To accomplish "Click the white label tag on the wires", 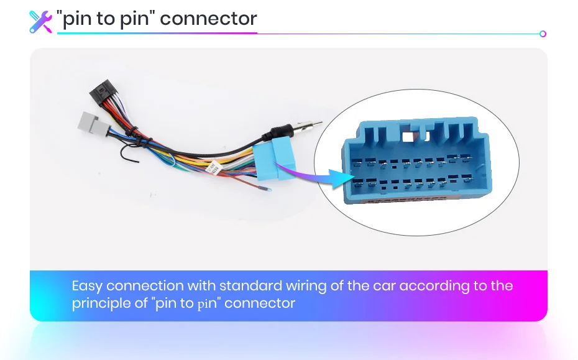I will pos(212,166).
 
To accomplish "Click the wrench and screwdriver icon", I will pos(40,21).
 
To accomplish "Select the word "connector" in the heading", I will pos(208,19).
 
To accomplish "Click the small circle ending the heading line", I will pos(543,34).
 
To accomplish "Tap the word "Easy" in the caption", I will pos(87,286).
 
